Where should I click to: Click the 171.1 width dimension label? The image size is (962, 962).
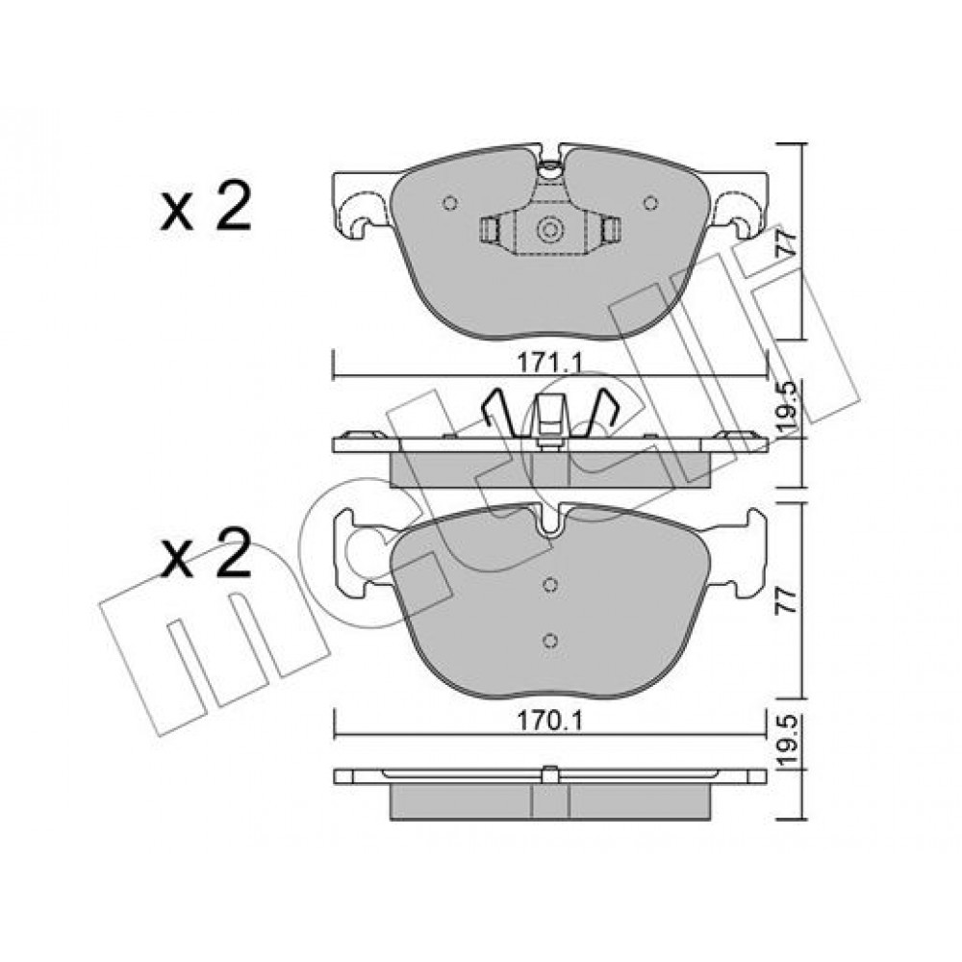549,364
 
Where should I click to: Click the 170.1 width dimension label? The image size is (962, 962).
549,721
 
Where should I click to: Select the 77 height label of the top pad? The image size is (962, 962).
788,242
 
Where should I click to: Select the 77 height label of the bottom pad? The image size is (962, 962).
788,600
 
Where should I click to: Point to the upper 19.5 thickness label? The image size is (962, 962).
788,407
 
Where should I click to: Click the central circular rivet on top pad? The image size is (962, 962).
549,230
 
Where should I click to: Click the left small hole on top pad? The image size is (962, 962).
449,202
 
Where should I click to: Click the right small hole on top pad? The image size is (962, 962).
650,202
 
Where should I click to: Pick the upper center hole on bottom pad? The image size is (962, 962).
550,585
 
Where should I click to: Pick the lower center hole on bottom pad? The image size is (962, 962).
550,641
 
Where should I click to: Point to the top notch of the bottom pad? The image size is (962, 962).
550,520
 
